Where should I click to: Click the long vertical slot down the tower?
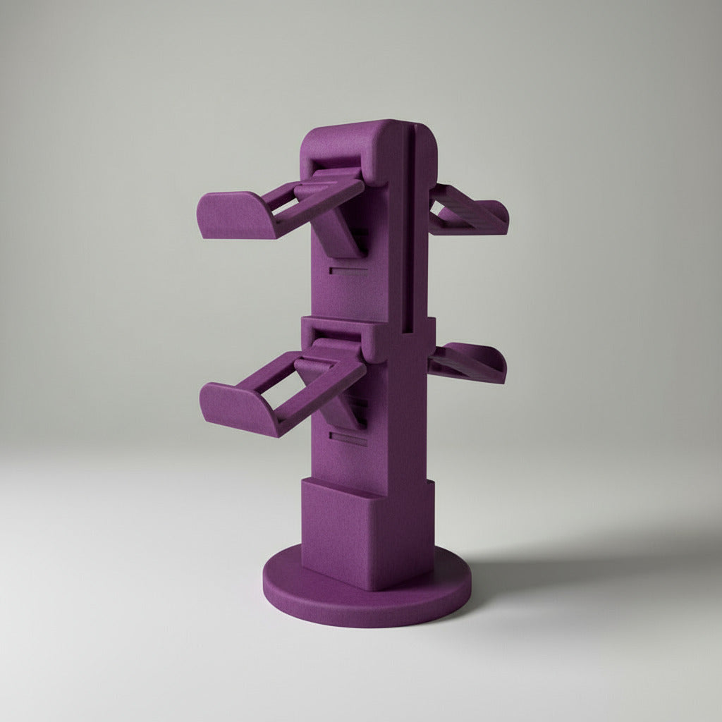408,226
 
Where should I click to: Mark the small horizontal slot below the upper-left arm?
348,269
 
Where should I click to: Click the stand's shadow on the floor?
564,564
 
